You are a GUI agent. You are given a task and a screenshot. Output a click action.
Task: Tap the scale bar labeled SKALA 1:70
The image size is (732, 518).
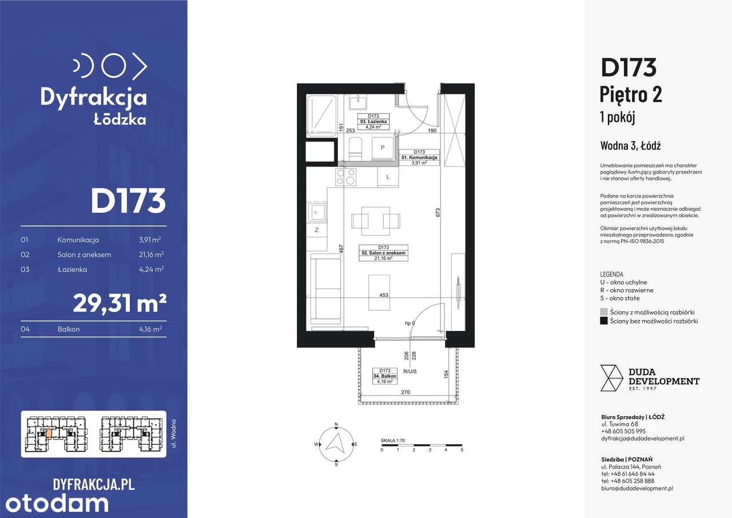coord(421,445)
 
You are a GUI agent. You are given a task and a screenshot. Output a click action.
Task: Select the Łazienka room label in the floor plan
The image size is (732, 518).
coord(375,122)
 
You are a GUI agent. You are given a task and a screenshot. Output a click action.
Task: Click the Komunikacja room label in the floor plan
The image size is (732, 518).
coord(419,157)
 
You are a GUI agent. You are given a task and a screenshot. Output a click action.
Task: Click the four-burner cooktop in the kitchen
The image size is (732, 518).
coord(345,177)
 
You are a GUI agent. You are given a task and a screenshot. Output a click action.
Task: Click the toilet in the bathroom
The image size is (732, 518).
coord(355,148)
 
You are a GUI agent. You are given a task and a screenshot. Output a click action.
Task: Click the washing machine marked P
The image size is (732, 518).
coord(382,148)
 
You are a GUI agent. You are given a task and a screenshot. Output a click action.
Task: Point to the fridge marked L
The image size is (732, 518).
coord(388,177)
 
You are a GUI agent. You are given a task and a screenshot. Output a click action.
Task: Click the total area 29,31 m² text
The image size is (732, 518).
coord(120,303)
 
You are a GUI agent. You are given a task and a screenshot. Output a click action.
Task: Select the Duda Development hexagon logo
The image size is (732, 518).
coord(611,378)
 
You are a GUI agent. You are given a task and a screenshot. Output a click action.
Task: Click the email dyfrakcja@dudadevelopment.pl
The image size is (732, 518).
coord(643,438)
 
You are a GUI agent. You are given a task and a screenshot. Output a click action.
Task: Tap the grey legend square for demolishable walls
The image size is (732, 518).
coord(604,312)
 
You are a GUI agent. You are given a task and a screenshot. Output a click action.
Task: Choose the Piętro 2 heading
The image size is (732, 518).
coord(631,94)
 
